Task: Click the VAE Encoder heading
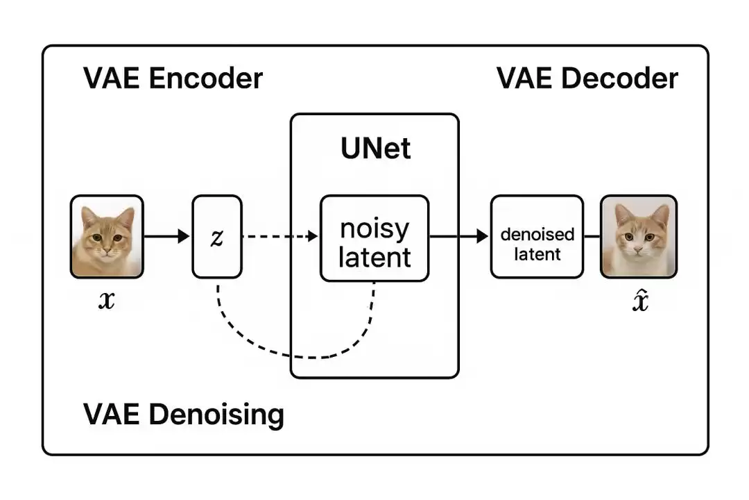tap(173, 78)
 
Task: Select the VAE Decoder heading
tap(587, 78)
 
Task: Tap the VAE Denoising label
tap(184, 415)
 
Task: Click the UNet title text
tap(375, 148)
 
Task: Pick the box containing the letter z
tap(217, 236)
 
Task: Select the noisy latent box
tap(374, 238)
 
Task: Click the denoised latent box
tap(537, 237)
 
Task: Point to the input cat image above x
tap(107, 236)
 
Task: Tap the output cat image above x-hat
tap(638, 236)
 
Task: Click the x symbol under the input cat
tap(106, 301)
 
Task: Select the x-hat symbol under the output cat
tap(640, 301)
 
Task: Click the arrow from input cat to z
tap(166, 236)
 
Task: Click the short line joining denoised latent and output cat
tap(592, 237)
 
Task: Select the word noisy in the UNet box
tap(374, 228)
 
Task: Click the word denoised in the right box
tap(537, 233)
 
